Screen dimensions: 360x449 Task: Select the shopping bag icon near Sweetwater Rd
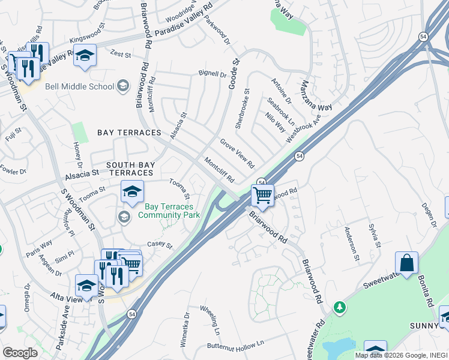click(x=406, y=263)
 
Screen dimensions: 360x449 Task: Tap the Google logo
click(x=20, y=352)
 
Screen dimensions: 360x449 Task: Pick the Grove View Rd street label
click(x=237, y=154)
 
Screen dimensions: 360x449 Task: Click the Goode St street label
click(x=234, y=73)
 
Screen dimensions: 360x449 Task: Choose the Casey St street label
click(x=160, y=245)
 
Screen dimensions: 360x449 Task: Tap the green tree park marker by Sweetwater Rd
click(x=340, y=307)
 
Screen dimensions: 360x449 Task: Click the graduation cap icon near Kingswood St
click(x=85, y=55)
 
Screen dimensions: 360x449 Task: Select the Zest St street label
click(x=120, y=55)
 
